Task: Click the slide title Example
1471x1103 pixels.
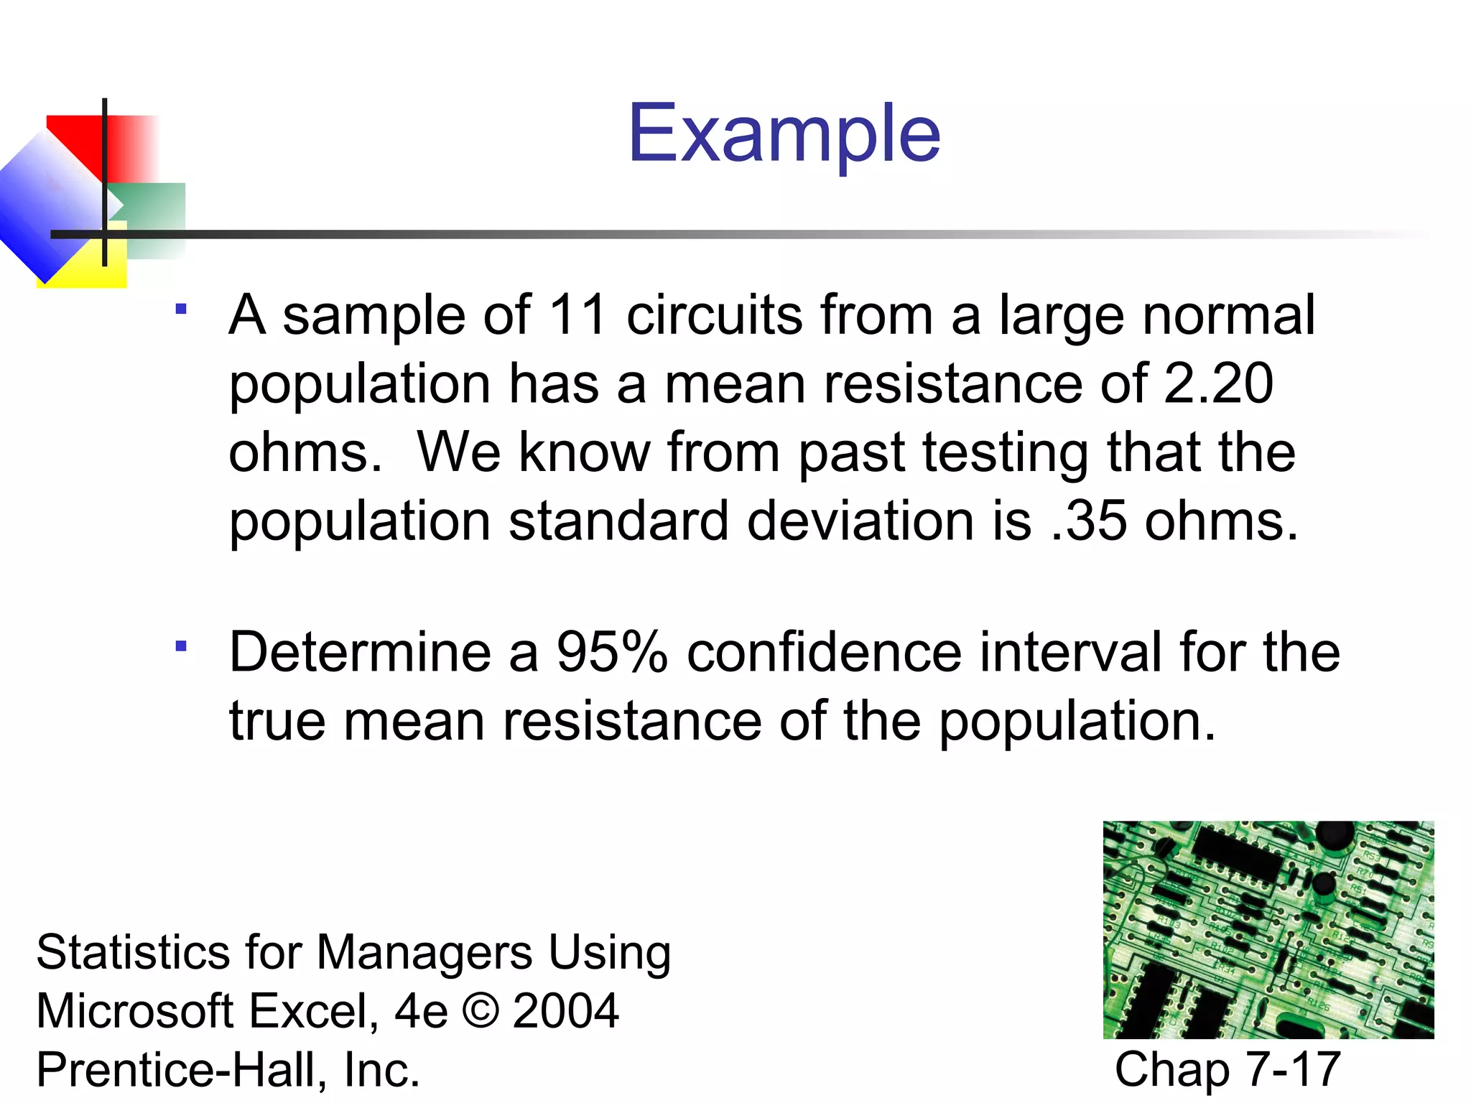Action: tap(784, 134)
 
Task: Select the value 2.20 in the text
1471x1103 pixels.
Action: tap(1218, 383)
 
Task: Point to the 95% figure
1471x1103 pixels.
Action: tap(612, 652)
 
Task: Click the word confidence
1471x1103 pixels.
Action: tap(824, 652)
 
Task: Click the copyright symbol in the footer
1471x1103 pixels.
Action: tap(481, 1010)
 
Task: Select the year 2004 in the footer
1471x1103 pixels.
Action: tap(566, 1010)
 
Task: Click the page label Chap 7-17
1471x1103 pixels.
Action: tap(1228, 1069)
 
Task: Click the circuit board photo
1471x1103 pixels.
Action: tap(1268, 929)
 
